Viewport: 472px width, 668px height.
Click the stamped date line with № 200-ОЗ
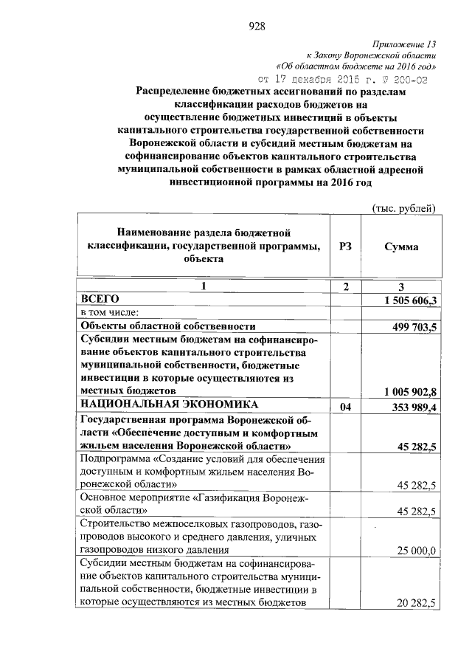pyautogui.click(x=342, y=78)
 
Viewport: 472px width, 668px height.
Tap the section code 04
pyautogui.click(x=345, y=407)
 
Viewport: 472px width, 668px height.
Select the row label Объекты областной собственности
pyautogui.click(x=167, y=326)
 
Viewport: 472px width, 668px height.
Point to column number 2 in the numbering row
pyautogui.click(x=345, y=286)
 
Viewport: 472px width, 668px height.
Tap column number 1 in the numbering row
pyautogui.click(x=204, y=286)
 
